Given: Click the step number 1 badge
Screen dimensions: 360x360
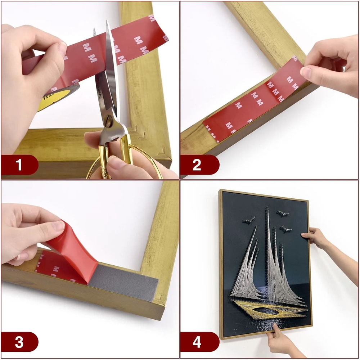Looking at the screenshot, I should click(x=19, y=165).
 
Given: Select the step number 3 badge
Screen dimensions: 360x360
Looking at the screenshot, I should click(x=19, y=342).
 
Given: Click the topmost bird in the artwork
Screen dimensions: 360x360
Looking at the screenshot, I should click(x=282, y=213).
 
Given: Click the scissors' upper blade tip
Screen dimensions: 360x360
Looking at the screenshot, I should click(x=108, y=23).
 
